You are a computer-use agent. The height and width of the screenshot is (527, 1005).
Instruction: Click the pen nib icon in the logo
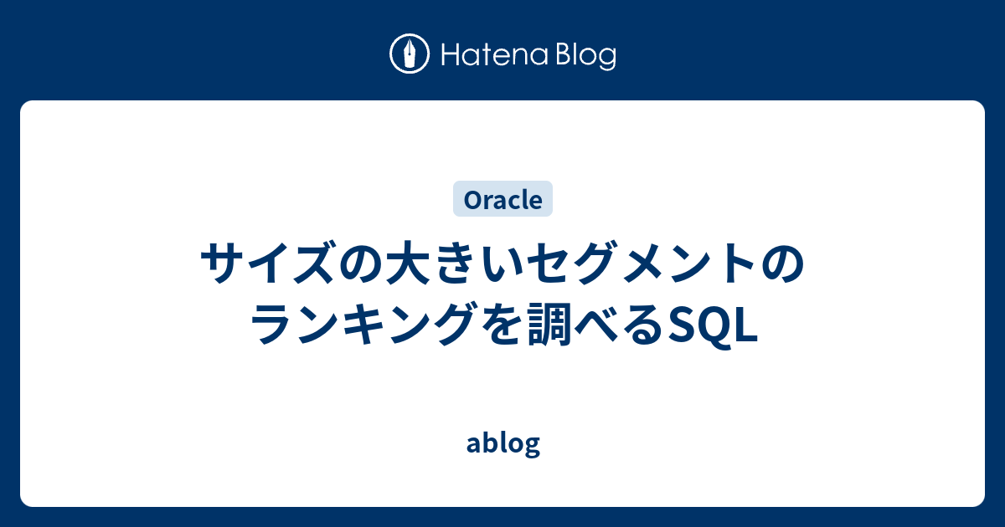(410, 55)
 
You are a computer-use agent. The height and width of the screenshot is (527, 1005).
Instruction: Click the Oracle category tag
(502, 200)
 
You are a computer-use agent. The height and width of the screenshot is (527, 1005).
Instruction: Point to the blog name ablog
(502, 443)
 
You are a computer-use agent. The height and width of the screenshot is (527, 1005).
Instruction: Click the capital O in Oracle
(470, 201)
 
